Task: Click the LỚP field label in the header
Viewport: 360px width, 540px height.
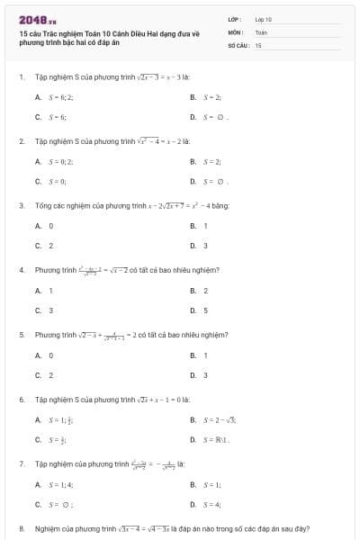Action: click(236, 19)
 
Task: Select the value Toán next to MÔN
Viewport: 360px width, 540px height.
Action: click(262, 31)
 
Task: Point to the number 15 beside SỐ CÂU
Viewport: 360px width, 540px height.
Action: click(258, 44)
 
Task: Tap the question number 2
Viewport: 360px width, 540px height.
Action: click(21, 141)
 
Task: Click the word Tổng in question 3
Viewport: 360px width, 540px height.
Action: click(43, 205)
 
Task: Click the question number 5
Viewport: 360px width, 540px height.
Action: click(21, 335)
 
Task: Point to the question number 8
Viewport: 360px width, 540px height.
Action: click(21, 528)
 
